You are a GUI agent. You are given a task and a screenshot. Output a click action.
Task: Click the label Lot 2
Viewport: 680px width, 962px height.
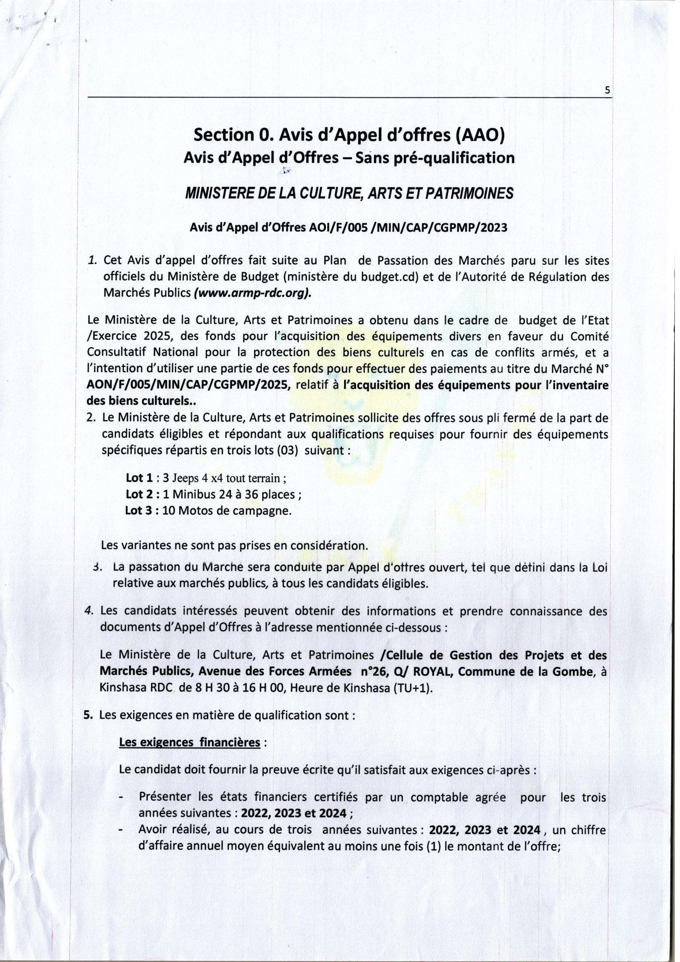click(136, 494)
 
